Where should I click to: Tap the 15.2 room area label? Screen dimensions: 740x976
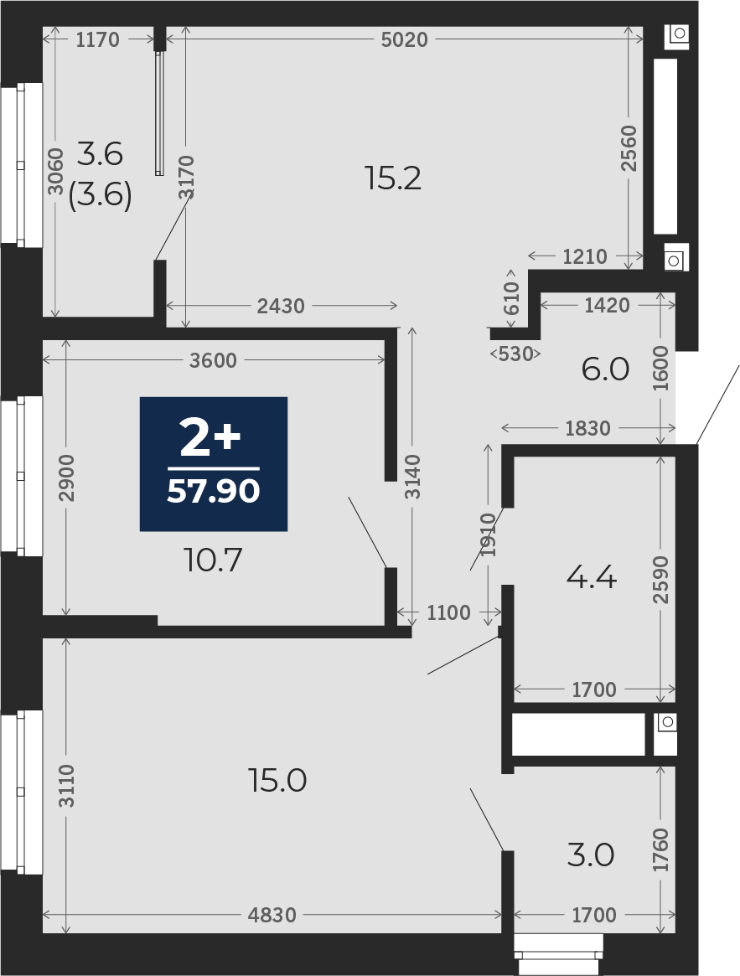pyautogui.click(x=393, y=179)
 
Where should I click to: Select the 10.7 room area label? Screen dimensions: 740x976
pyautogui.click(x=213, y=560)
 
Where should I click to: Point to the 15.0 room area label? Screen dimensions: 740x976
pyautogui.click(x=277, y=781)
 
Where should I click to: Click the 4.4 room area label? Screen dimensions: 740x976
pyautogui.click(x=591, y=578)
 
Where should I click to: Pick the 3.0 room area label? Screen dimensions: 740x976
pyautogui.click(x=591, y=856)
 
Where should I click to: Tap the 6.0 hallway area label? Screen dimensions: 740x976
pyautogui.click(x=605, y=369)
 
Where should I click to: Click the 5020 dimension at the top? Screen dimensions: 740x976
pyautogui.click(x=404, y=40)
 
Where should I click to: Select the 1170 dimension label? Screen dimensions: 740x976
pyautogui.click(x=97, y=40)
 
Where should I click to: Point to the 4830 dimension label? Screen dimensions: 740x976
pyautogui.click(x=272, y=915)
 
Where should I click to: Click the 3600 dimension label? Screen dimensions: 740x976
pyautogui.click(x=212, y=360)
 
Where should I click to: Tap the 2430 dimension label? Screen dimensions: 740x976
pyautogui.click(x=281, y=307)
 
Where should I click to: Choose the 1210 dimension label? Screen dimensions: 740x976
pyautogui.click(x=584, y=256)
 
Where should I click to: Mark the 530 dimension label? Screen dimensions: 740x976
pyautogui.click(x=515, y=354)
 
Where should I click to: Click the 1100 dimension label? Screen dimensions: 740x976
pyautogui.click(x=448, y=613)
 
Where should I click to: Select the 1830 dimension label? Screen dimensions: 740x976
pyautogui.click(x=587, y=428)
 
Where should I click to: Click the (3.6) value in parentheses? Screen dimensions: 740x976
pyautogui.click(x=100, y=198)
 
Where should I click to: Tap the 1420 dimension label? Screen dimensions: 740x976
pyautogui.click(x=608, y=306)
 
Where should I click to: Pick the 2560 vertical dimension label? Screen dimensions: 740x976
pyautogui.click(x=629, y=148)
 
